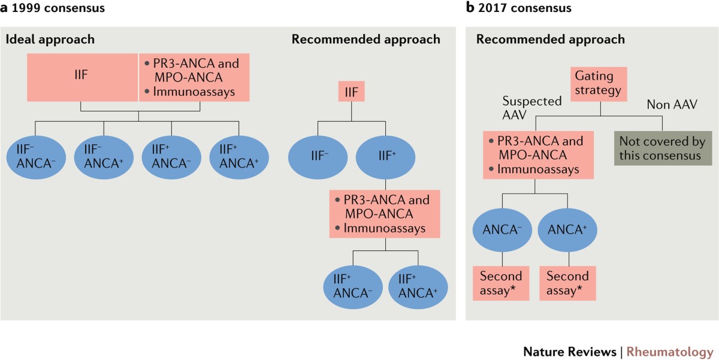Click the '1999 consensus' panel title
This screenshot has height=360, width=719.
point(58,8)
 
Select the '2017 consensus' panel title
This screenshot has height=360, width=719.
point(524,8)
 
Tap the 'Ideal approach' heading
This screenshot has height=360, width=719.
point(50,39)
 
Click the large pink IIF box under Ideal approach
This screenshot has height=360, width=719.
point(83,77)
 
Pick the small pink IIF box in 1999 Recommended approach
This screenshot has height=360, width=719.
point(352,92)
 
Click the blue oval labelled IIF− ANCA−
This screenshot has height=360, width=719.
point(36,157)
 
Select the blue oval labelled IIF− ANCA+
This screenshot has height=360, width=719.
point(104,157)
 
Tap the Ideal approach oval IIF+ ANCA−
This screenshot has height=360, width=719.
point(171,157)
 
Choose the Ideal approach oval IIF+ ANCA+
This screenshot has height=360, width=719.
point(239,157)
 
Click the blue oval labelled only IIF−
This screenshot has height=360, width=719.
point(318,157)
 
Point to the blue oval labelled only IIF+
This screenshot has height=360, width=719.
point(385,157)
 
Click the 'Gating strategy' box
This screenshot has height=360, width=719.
point(599,84)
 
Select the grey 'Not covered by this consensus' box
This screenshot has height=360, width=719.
point(663,148)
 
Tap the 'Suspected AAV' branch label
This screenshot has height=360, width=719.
point(532,108)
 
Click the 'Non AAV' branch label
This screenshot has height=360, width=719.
point(672,105)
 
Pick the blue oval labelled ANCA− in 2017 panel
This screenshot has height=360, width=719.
point(502,230)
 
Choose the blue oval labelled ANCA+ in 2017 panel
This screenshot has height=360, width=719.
point(567,230)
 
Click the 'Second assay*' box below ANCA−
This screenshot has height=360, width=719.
point(501,283)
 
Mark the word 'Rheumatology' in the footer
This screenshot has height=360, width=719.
point(670,352)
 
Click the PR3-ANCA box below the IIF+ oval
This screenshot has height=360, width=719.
point(385,214)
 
